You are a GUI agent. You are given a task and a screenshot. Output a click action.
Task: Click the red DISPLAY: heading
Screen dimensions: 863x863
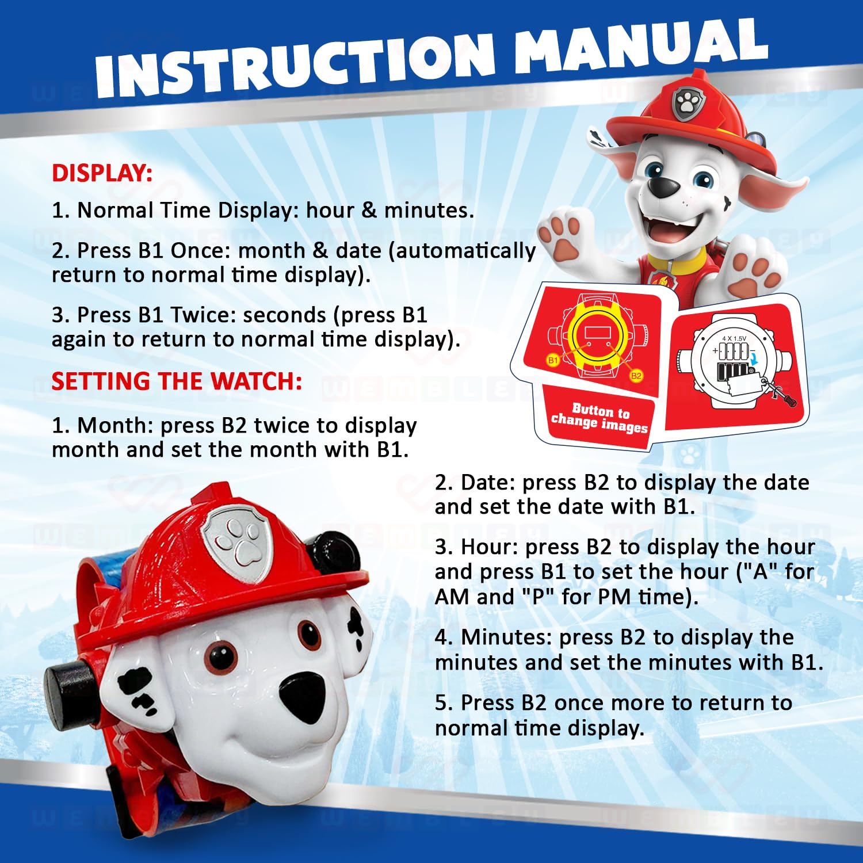(x=102, y=173)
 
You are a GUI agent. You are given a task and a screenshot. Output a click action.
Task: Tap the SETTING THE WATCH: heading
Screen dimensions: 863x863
(x=177, y=381)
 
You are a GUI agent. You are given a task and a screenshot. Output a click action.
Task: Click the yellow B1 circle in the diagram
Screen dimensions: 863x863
(x=553, y=360)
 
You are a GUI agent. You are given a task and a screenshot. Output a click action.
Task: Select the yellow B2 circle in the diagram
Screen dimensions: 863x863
(x=636, y=376)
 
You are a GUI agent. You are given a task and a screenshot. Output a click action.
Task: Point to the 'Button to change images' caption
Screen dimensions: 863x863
(x=599, y=418)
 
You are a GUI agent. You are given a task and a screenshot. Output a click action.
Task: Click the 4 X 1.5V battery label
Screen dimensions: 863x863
(x=734, y=339)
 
